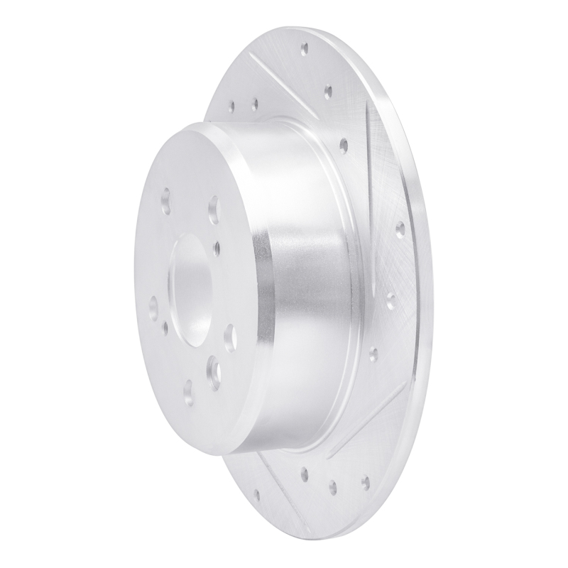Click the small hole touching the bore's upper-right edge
(x=217, y=246)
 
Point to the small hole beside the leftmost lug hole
(x=165, y=326)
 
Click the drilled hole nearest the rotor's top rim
(x=305, y=49)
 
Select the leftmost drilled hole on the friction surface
(x=232, y=107)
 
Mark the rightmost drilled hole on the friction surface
(x=399, y=229)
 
